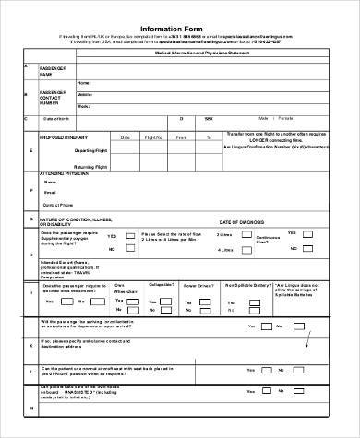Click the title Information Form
(x=180, y=28)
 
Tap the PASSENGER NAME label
(x=54, y=72)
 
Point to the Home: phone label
(x=83, y=83)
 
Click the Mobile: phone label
(x=84, y=94)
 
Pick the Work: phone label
(x=83, y=106)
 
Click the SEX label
(x=208, y=118)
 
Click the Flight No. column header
(x=154, y=136)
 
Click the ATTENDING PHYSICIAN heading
(x=66, y=172)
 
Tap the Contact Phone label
(x=59, y=205)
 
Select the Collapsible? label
(x=161, y=285)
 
